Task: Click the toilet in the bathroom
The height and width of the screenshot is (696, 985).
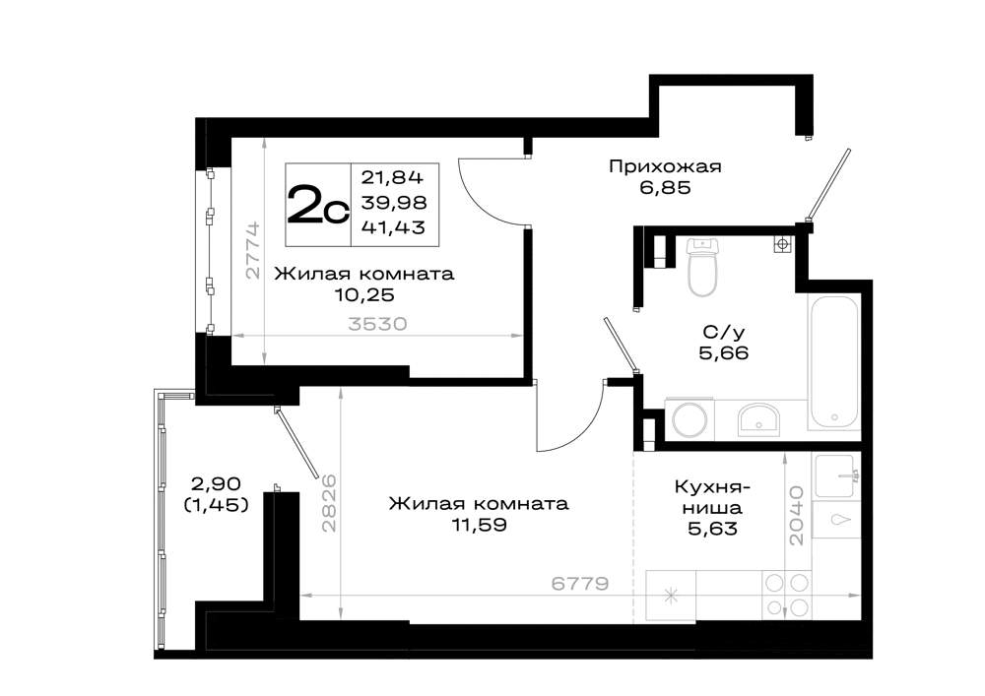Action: [x=701, y=267]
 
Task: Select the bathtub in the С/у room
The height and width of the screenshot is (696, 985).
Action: [x=834, y=362]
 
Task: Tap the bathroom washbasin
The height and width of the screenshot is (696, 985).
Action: [x=758, y=419]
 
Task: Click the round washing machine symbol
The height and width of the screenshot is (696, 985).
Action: [x=689, y=418]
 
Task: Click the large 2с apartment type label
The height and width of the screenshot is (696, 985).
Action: [x=318, y=205]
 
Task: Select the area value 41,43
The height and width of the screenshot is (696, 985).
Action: [x=393, y=227]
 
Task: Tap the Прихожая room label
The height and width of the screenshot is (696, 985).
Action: [x=665, y=167]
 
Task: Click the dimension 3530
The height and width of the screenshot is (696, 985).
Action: [x=377, y=324]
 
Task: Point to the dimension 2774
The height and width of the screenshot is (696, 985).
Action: [x=252, y=250]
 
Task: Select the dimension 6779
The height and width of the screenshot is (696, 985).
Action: [x=580, y=584]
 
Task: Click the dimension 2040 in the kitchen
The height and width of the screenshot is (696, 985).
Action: [x=796, y=515]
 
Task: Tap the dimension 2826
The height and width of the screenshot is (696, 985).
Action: [x=329, y=503]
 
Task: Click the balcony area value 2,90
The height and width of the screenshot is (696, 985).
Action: [x=216, y=484]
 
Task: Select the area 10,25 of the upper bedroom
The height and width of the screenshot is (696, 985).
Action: [x=364, y=294]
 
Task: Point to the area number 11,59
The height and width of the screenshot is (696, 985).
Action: [x=479, y=524]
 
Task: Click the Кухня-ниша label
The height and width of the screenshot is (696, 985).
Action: [x=712, y=496]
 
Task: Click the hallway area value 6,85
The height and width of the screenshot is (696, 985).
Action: [x=665, y=187]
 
